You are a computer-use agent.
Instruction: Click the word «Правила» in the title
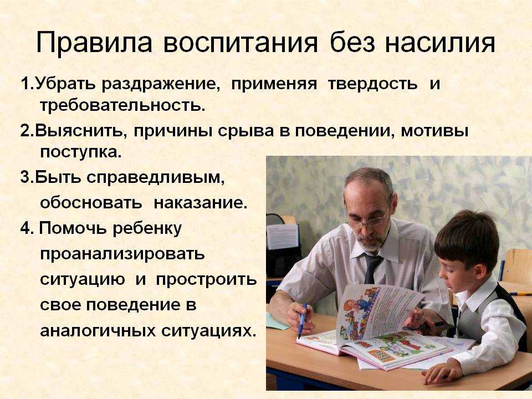coord(94,43)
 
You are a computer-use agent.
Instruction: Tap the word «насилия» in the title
coord(440,43)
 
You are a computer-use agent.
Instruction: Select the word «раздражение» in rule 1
coord(159,84)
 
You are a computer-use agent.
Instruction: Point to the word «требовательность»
coord(123,105)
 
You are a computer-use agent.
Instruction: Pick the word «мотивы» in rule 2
coord(434,131)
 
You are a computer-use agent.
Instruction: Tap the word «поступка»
coord(81,152)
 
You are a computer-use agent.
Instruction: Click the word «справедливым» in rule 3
coord(155,177)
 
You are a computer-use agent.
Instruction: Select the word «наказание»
coord(201,203)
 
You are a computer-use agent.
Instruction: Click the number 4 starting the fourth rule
coord(25,228)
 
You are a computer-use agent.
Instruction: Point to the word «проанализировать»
coord(122,254)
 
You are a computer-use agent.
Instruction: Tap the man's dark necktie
coord(372,269)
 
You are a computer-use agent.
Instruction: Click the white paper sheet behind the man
coord(283,236)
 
